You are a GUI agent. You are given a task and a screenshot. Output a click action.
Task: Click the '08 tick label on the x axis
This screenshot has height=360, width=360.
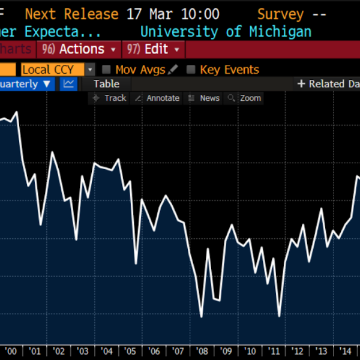click(x=202, y=351)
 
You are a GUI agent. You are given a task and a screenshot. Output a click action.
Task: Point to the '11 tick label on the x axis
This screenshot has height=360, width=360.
click(x=274, y=351)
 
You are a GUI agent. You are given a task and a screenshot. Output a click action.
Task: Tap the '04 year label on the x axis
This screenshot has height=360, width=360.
click(x=106, y=351)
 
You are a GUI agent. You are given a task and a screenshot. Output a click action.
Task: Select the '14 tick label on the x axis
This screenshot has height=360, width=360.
click(x=345, y=351)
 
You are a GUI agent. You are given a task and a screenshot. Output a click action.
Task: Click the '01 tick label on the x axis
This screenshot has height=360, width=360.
click(x=34, y=351)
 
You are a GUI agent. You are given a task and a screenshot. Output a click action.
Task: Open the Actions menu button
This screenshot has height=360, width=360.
click(x=79, y=49)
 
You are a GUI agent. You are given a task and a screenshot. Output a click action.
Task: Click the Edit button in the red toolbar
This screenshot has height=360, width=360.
click(x=153, y=49)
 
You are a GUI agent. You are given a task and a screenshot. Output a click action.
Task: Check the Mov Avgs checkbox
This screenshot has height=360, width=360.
click(x=106, y=70)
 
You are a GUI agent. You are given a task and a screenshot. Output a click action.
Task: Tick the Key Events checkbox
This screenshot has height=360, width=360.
click(x=191, y=70)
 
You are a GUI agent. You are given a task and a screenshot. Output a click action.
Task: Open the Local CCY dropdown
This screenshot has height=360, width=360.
click(x=58, y=70)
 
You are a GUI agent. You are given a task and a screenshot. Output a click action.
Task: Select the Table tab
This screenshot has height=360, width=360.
click(x=106, y=84)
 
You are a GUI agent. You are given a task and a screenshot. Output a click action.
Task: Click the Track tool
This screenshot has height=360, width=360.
click(x=109, y=98)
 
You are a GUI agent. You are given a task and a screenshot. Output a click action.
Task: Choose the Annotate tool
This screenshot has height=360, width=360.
click(x=157, y=98)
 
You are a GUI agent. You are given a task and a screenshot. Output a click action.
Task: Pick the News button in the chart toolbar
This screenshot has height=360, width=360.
click(x=204, y=98)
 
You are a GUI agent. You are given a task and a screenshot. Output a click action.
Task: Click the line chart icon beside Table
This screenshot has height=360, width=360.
click(x=68, y=84)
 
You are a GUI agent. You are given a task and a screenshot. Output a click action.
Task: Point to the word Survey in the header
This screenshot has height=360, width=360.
click(x=281, y=14)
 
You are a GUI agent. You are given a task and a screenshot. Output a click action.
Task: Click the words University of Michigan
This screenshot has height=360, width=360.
click(x=226, y=32)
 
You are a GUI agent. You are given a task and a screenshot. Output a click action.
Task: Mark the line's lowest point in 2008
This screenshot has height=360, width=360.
click(x=201, y=317)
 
